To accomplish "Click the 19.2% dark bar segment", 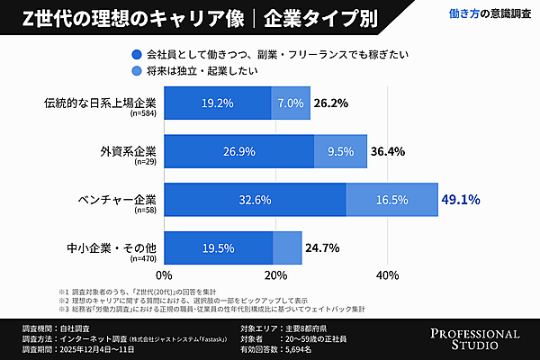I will [217, 103].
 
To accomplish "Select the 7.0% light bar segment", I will [291, 103].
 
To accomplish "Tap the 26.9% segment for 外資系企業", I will [238, 151].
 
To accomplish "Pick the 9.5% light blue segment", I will [340, 151].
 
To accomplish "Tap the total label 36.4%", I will [386, 151].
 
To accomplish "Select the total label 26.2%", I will [330, 103].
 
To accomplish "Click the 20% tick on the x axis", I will [275, 274].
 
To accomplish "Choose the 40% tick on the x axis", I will [387, 274].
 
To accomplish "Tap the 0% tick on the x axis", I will [164, 274].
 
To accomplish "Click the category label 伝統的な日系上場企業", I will [100, 103].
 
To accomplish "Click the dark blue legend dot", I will [136, 53].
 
